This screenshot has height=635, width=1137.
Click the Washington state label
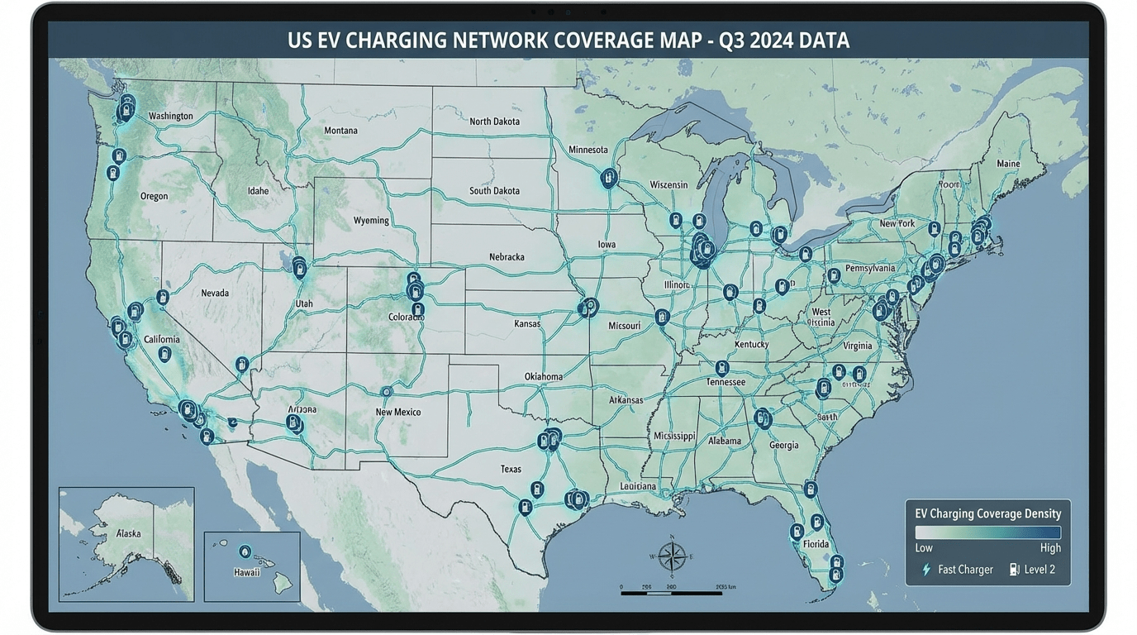[171, 116]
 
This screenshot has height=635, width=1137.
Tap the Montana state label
[340, 131]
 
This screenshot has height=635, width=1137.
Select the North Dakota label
[494, 122]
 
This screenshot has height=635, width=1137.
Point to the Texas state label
[511, 469]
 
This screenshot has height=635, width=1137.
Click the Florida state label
[816, 544]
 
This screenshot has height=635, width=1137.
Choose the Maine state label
[1008, 164]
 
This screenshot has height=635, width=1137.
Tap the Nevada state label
[215, 293]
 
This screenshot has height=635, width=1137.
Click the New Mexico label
[397, 412]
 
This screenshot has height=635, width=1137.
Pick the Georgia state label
[783, 445]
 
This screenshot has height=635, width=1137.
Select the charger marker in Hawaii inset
[245, 551]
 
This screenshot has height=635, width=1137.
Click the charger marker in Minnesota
[609, 177]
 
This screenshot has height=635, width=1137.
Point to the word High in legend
[1050, 548]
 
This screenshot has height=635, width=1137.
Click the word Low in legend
[924, 548]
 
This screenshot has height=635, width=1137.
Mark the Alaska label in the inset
[128, 533]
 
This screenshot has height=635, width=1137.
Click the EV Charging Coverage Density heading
[987, 513]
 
